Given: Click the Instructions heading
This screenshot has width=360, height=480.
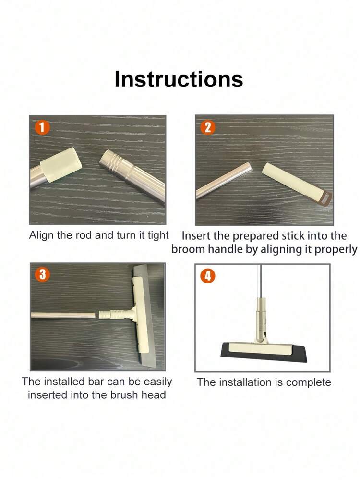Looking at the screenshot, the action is tap(179, 79).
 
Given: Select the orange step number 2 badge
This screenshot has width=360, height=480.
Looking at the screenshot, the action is tap(208, 127).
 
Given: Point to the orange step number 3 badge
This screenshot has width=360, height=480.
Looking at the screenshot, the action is tap(43, 274).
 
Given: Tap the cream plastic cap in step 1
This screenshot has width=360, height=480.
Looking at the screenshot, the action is tap(61, 164).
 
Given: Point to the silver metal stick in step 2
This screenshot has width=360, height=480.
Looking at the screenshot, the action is tap(224, 181).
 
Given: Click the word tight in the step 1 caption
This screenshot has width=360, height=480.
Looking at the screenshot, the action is tap(158, 235).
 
